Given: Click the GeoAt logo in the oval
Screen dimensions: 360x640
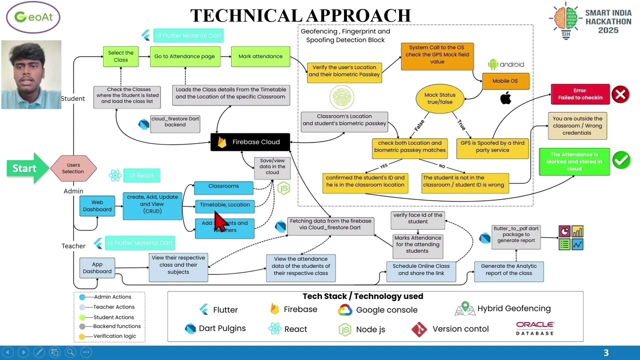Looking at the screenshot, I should coord(33,17).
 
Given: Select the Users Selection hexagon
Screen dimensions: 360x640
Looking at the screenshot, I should coord(73,168).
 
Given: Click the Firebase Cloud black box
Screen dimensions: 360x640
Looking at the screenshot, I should coord(250,142).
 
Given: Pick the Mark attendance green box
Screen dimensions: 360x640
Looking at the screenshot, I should coord(260,56).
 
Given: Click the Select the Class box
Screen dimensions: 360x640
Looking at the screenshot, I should coord(120,56).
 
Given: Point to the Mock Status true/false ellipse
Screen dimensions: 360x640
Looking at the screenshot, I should coord(439,98).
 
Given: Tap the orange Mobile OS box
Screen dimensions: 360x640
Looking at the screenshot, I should coord(505,81).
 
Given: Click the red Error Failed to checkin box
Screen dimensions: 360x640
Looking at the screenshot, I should coord(580,94).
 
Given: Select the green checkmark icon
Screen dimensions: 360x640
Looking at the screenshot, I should coord(621,160).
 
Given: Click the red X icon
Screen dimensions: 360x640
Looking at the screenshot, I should coord(620,94).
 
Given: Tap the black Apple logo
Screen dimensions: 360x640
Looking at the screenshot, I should coord(505,98).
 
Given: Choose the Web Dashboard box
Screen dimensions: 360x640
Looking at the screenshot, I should coord(97,206).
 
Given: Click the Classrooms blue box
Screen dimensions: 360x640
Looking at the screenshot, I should coord(223,186).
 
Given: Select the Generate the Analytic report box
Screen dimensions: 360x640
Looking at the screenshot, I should coord(508,270).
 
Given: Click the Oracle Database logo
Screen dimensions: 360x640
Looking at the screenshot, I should coord(534,328).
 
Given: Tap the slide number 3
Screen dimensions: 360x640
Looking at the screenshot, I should coord(606,353).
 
